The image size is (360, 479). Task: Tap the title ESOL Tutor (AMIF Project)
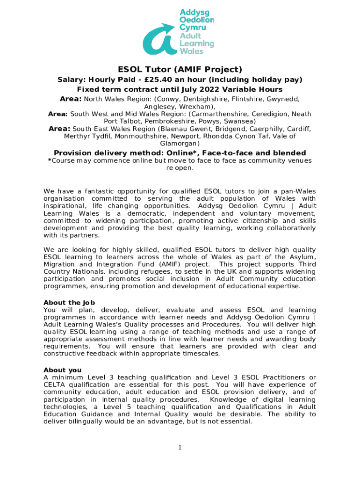(180, 69)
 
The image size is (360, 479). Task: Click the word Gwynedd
(283, 99)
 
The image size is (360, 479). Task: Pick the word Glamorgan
(180, 144)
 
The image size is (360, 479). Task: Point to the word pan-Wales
(298, 191)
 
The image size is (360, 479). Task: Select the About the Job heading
(69, 302)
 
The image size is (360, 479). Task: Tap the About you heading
(62, 370)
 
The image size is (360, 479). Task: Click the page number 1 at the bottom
(180, 448)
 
